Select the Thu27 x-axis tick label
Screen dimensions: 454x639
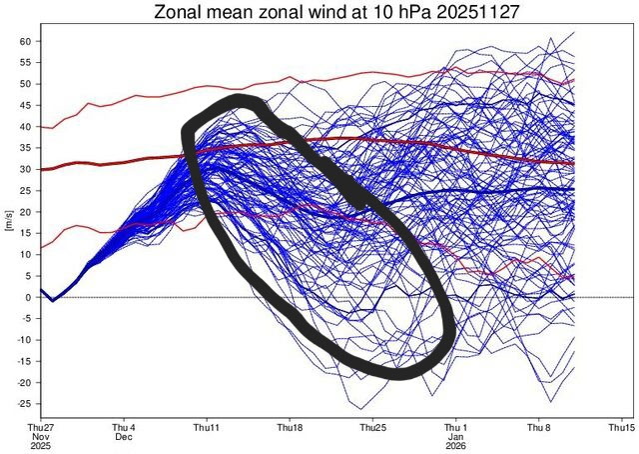coord(39,426)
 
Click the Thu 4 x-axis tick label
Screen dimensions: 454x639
coord(123,426)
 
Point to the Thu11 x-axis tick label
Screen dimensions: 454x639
coord(206,426)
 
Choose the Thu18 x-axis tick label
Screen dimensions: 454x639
coord(290,426)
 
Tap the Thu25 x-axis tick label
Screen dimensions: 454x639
coord(372,426)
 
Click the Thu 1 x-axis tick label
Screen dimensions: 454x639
coord(456,426)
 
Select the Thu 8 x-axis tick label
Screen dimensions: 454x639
coord(539,426)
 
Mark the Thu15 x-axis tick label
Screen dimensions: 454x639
coord(621,426)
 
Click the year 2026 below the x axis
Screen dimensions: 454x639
coord(456,447)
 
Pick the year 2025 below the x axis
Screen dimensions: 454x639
coord(39,447)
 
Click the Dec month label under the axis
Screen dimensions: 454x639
coord(123,437)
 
